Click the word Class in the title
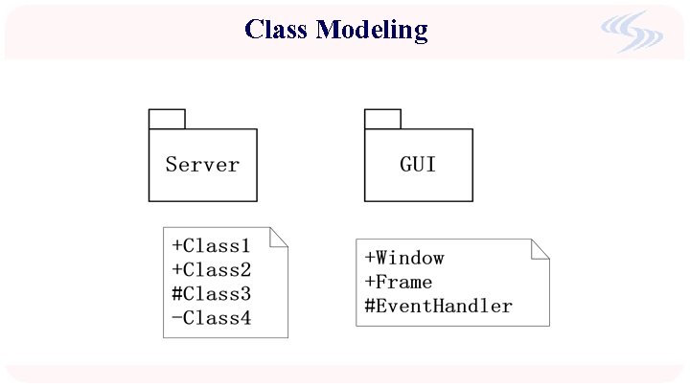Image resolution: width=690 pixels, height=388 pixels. [x=277, y=30]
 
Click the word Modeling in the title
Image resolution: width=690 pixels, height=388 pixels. [x=372, y=31]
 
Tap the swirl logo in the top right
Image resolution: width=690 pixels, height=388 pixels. [x=632, y=34]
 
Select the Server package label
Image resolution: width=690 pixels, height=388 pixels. [x=202, y=165]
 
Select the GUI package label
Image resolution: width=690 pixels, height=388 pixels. [x=418, y=165]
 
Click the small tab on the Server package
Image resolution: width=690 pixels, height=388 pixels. [x=167, y=119]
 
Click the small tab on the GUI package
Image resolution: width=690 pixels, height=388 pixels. [x=382, y=119]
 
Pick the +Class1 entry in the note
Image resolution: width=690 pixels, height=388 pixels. [x=211, y=246]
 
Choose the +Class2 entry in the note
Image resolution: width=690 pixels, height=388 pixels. [x=211, y=270]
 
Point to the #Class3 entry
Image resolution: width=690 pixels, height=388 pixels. [x=211, y=294]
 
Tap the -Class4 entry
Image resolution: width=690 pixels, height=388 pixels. [x=211, y=318]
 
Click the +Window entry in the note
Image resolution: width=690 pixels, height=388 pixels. [x=404, y=259]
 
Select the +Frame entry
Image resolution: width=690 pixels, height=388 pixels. [x=399, y=283]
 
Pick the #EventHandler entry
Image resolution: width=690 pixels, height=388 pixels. [x=439, y=307]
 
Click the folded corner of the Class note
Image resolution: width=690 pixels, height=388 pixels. [x=280, y=237]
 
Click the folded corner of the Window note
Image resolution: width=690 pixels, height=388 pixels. [x=541, y=247]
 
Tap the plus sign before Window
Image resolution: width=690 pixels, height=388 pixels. [x=370, y=259]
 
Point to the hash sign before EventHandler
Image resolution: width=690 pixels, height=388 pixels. [x=370, y=307]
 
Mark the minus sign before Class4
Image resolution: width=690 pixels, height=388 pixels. [x=176, y=318]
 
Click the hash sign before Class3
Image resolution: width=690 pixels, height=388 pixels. [x=176, y=294]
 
